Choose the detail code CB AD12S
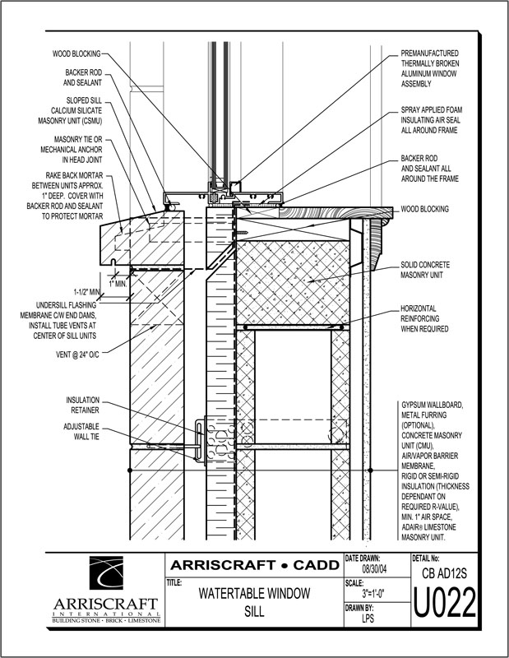click(x=447, y=570)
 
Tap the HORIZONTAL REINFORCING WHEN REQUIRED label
click(x=425, y=318)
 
